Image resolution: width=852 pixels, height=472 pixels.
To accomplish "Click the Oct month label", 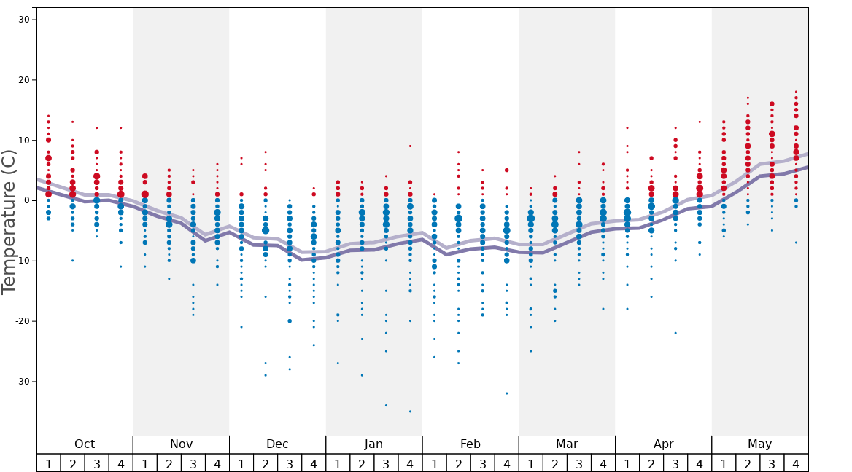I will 85,444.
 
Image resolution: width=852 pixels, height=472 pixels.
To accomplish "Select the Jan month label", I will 373,444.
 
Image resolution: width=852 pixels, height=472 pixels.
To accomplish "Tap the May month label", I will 759,444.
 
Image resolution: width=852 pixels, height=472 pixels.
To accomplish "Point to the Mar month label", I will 567,444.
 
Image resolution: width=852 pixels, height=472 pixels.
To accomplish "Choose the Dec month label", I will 277,444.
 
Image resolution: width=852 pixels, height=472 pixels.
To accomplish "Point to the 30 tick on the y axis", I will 23,20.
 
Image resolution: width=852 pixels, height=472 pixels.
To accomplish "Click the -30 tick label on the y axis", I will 21,382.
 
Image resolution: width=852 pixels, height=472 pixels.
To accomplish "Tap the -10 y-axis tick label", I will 21,261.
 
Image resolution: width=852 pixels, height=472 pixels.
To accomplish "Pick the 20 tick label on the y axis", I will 23,80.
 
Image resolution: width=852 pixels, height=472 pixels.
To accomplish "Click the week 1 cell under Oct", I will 48,463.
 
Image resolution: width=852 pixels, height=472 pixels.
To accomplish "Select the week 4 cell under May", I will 796,463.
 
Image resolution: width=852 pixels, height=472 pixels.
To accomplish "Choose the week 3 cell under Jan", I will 386,463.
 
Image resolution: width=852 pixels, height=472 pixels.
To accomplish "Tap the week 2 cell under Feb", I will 458,463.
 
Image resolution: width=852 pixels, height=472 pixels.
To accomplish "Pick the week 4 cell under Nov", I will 217,463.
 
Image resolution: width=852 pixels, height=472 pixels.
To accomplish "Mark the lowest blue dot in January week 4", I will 410,412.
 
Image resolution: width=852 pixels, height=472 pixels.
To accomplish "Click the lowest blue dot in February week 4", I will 506,393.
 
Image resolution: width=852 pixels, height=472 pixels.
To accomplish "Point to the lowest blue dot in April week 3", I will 675,333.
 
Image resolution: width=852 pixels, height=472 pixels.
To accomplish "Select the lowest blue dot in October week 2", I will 72,261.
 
